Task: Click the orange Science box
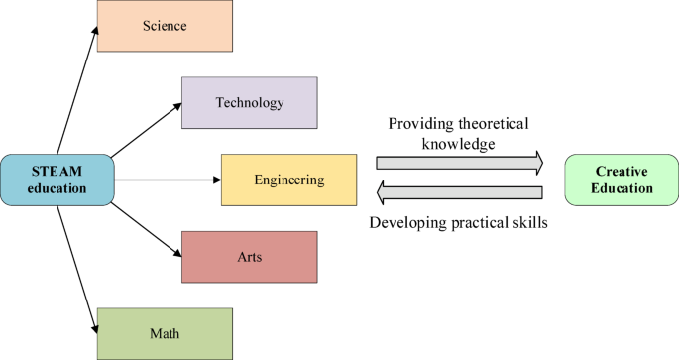[165, 27]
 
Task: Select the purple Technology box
[249, 102]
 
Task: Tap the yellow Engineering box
[288, 180]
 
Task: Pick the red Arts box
[249, 256]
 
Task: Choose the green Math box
[165, 332]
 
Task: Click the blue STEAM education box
[57, 180]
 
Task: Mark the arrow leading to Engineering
[167, 180]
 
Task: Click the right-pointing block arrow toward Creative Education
[458, 162]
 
